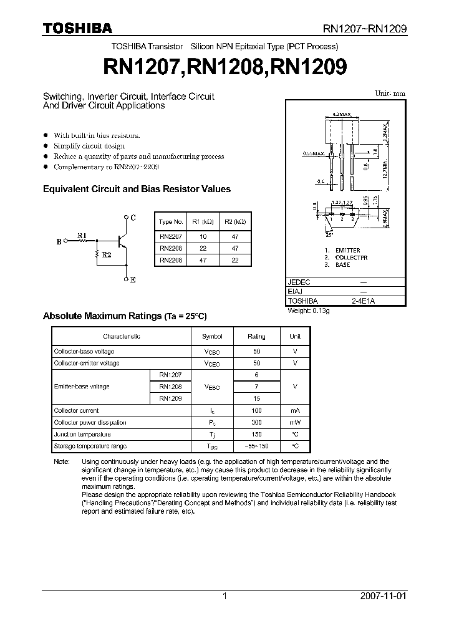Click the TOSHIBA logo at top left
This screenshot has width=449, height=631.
pyautogui.click(x=77, y=28)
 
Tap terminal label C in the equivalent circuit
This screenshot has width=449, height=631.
pyautogui.click(x=133, y=217)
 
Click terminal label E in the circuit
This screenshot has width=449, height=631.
pyautogui.click(x=133, y=280)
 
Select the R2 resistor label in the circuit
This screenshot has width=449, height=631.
pyautogui.click(x=107, y=256)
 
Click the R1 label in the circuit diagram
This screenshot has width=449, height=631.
pyautogui.click(x=82, y=235)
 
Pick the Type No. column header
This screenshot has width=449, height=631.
pyautogui.click(x=171, y=222)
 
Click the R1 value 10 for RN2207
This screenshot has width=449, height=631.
pyautogui.click(x=203, y=237)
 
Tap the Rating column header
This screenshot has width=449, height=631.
pyautogui.click(x=256, y=336)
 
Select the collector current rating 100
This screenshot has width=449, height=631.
pyautogui.click(x=256, y=410)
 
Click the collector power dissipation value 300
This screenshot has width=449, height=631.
pyautogui.click(x=256, y=422)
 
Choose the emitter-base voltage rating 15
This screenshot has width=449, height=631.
pyautogui.click(x=256, y=398)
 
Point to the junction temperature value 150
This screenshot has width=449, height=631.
pyautogui.click(x=256, y=434)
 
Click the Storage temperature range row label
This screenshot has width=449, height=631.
pyautogui.click(x=90, y=446)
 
